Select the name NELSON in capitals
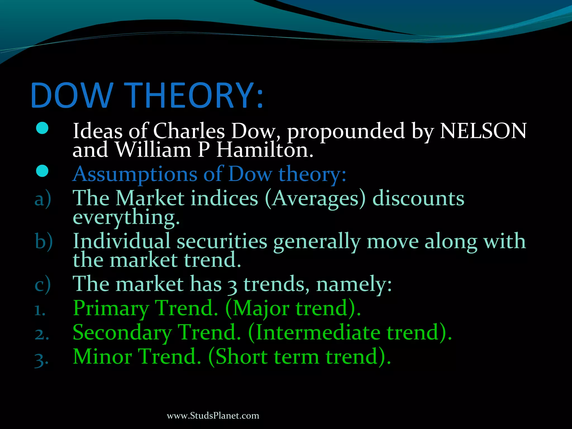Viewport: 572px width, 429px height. point(483,131)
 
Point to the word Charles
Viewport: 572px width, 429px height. point(189,131)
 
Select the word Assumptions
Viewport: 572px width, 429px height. point(135,175)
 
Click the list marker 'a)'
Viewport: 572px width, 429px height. point(43,199)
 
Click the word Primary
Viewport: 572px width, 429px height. point(111,308)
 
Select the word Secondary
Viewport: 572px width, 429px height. point(122,332)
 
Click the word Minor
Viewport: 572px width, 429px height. point(103,357)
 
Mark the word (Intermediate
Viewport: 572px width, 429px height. point(314,332)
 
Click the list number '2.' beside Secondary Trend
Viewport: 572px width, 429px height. point(42,334)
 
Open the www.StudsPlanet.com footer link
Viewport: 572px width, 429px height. point(213,416)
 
